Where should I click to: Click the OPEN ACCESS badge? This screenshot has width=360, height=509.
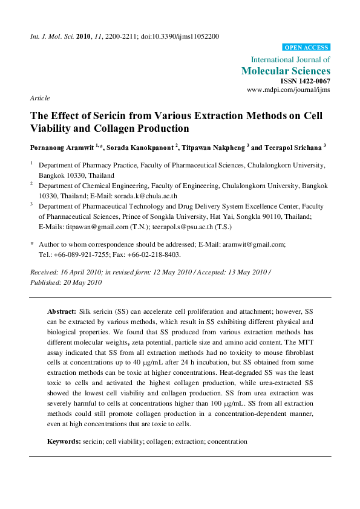point(306,47)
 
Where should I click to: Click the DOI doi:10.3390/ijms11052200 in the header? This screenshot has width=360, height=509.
point(180,36)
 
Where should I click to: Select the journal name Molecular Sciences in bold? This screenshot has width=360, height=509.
point(286,71)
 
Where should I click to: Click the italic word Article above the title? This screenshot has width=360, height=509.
point(40,98)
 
